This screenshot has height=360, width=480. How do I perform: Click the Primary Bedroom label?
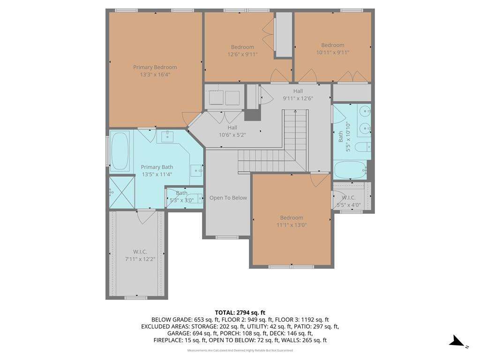click(x=155, y=67)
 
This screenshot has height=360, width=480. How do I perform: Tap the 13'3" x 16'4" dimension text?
click(x=155, y=75)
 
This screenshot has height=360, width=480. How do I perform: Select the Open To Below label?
click(x=228, y=198)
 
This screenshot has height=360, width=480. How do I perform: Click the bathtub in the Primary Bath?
click(x=120, y=150)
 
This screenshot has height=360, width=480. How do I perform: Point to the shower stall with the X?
click(x=122, y=192)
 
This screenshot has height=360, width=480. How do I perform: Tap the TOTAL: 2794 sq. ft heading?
click(x=240, y=313)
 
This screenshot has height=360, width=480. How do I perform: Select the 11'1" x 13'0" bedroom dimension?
click(x=292, y=225)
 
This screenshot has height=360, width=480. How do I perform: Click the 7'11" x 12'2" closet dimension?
click(x=140, y=259)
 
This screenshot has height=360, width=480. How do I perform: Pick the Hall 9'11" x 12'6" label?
click(x=298, y=95)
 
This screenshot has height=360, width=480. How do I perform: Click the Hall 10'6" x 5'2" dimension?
click(x=232, y=135)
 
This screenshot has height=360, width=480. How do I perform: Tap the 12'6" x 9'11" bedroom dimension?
click(x=242, y=54)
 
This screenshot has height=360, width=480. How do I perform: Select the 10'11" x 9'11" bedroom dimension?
click(x=333, y=52)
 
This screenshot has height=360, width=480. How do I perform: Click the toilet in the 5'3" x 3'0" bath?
click(x=195, y=198)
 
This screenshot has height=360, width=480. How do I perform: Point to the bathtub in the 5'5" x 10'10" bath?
click(x=350, y=170)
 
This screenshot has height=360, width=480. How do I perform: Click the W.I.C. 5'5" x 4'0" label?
click(x=349, y=202)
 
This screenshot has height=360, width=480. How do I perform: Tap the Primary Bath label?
click(x=157, y=167)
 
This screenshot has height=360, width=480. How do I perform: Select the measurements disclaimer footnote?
click(x=240, y=351)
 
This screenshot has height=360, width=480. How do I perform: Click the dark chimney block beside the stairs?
click(x=252, y=115)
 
